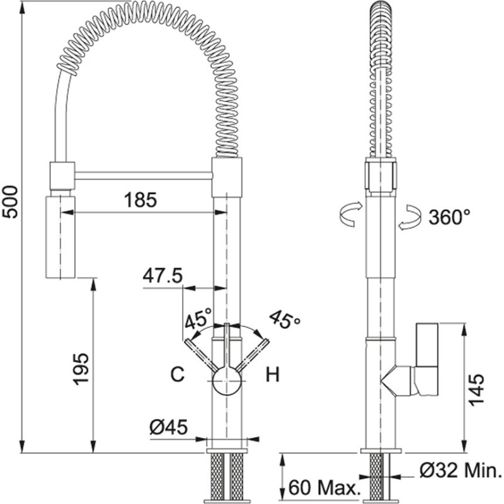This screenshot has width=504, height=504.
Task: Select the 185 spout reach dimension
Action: click(x=140, y=200)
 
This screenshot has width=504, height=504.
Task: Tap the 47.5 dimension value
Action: click(x=162, y=275)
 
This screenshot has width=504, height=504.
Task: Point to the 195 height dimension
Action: click(x=81, y=369)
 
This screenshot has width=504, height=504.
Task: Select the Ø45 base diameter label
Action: click(x=168, y=428)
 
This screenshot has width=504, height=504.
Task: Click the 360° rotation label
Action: click(x=450, y=217)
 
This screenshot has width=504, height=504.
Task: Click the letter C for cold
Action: click(x=178, y=375)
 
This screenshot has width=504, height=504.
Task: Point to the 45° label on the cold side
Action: click(x=198, y=320)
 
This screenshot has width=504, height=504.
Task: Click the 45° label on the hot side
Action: click(x=285, y=320)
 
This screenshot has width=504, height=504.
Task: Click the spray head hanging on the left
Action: click(x=60, y=236)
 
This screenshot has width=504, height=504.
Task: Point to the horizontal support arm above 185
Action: click(x=143, y=174)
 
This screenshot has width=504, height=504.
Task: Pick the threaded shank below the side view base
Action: click(x=380, y=478)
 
